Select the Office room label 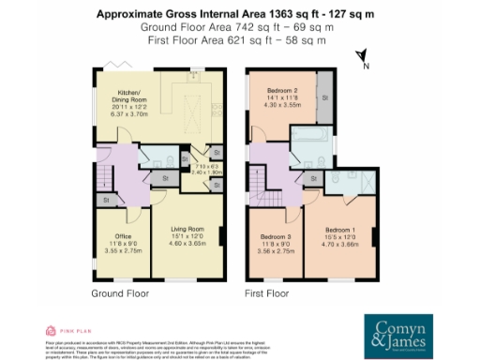(x=123, y=235)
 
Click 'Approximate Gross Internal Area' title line (x=240, y=14)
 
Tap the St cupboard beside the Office (x=106, y=200)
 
